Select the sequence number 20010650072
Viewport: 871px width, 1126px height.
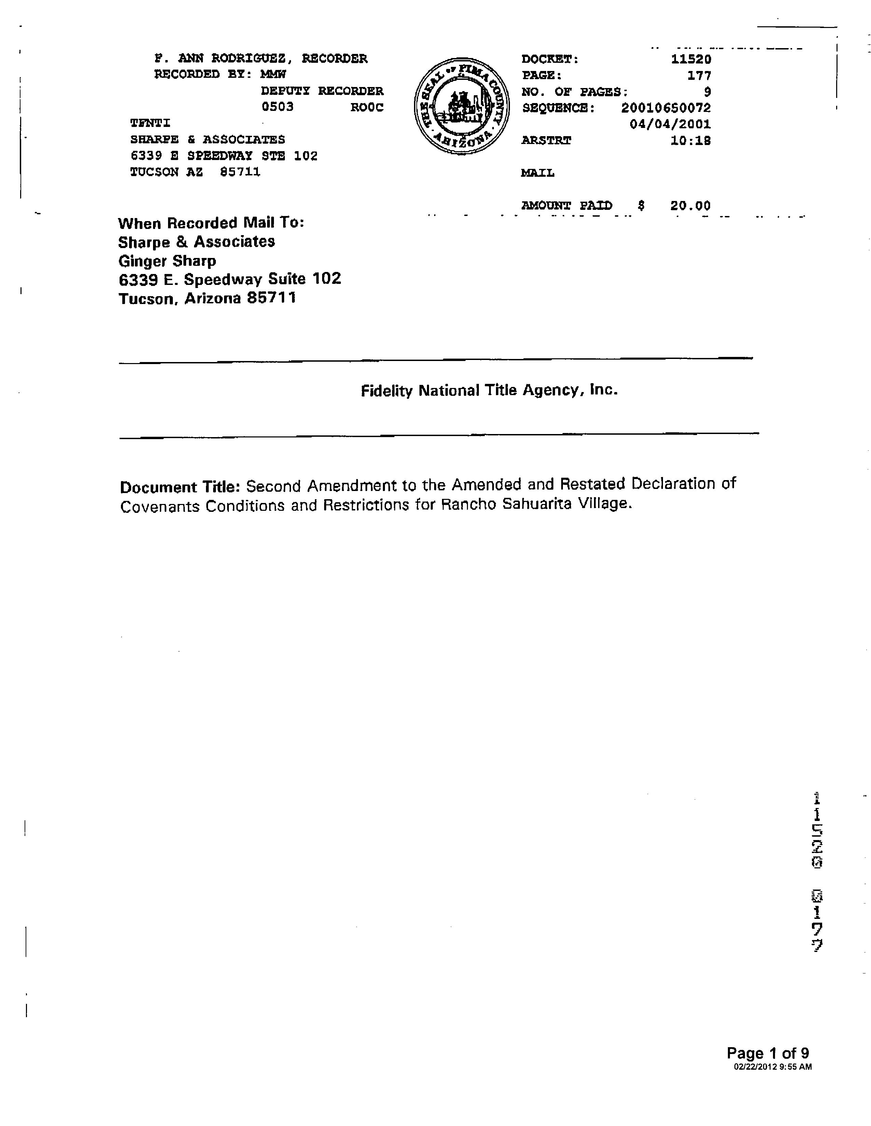tap(666, 108)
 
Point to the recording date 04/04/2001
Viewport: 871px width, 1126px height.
tap(670, 124)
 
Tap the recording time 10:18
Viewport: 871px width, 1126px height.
tap(690, 141)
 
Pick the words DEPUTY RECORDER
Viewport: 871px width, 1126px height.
tap(322, 91)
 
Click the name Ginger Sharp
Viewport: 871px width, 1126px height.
tap(167, 261)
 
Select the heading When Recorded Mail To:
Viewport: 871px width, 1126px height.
tap(211, 223)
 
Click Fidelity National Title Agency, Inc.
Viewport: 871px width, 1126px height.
tap(489, 390)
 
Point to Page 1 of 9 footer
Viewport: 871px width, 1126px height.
tap(767, 1053)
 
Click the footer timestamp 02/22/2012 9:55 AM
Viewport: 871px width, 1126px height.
tap(772, 1067)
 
